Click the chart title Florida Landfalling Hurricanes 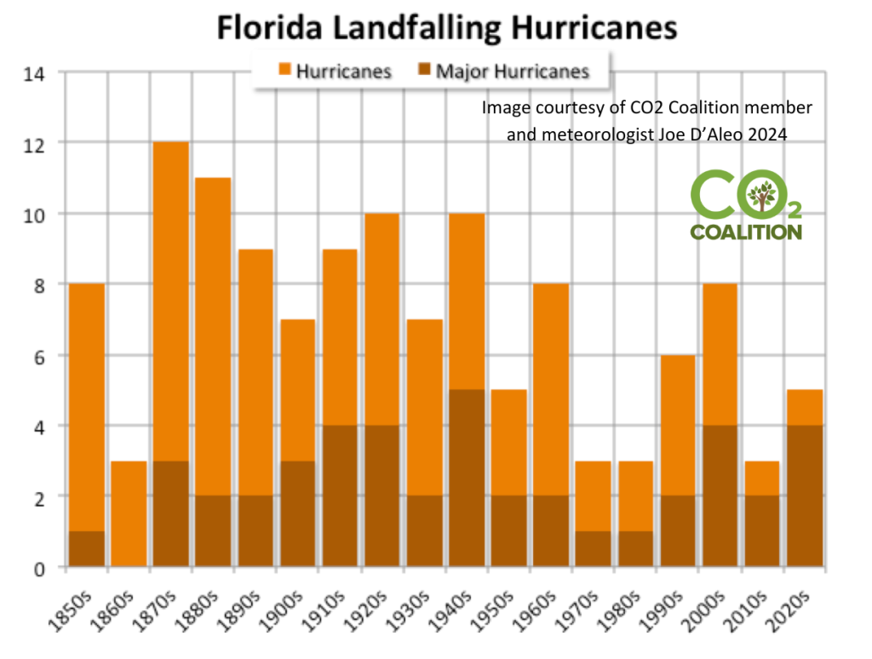pyautogui.click(x=446, y=27)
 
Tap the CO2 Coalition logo pyautogui.click(x=745, y=205)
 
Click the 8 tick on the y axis pyautogui.click(x=41, y=284)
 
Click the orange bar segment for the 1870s pyautogui.click(x=170, y=301)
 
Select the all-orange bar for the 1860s pyautogui.click(x=128, y=513)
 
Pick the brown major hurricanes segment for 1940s pyautogui.click(x=466, y=478)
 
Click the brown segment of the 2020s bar pyautogui.click(x=804, y=496)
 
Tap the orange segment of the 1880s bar pyautogui.click(x=213, y=336)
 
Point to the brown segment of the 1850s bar pyautogui.click(x=86, y=548)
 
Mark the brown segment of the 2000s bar pyautogui.click(x=720, y=496)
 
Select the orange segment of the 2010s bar pyautogui.click(x=762, y=478)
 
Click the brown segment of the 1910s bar pyautogui.click(x=339, y=496)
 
